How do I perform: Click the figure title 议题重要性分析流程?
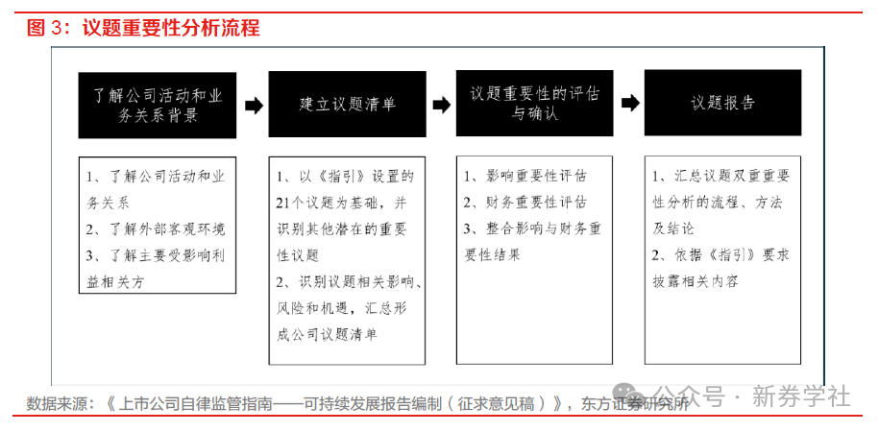click(x=172, y=28)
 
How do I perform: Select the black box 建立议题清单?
click(x=347, y=104)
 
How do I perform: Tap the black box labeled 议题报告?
click(x=722, y=103)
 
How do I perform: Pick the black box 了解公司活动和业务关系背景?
click(x=158, y=106)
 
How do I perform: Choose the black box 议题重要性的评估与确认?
click(x=534, y=103)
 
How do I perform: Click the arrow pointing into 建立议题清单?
click(x=254, y=106)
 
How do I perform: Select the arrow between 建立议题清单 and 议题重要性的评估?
click(x=442, y=105)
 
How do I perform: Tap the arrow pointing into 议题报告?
click(x=630, y=103)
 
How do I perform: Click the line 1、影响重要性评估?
click(x=525, y=176)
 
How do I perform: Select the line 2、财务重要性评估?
click(x=525, y=203)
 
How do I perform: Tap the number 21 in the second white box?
click(x=282, y=204)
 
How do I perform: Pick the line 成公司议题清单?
click(x=327, y=334)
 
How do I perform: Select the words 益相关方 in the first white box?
click(x=115, y=282)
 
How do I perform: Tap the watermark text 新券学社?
click(x=801, y=396)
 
